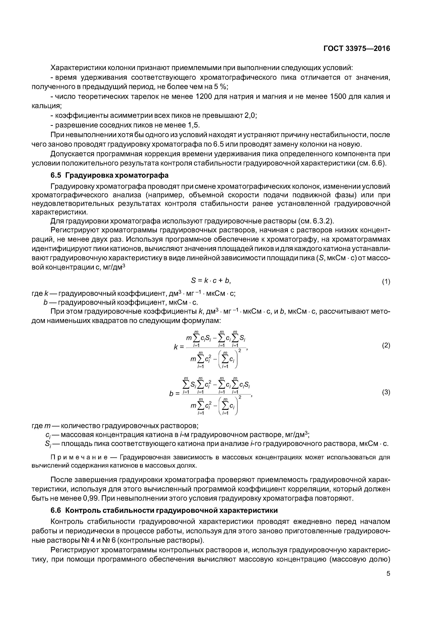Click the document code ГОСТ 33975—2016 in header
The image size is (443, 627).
[357, 49]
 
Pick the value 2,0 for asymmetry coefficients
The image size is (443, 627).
[250, 115]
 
